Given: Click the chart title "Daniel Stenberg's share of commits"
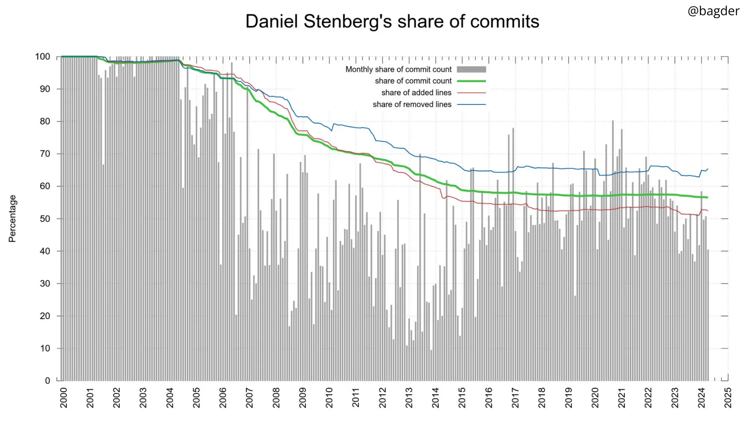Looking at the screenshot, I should [392, 21].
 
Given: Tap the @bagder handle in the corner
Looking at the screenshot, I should [713, 11].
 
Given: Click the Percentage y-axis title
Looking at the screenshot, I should [12, 218].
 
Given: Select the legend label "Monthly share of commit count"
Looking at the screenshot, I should [398, 69].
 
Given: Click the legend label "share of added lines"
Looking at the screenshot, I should [416, 93].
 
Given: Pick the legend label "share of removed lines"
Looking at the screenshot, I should [412, 104].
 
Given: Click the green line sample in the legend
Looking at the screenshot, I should [471, 81].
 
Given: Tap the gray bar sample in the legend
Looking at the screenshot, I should [471, 69].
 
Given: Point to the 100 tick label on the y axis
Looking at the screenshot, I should [42, 57].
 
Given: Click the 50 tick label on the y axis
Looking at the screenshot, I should [45, 219].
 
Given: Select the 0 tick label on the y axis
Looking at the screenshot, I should [47, 381].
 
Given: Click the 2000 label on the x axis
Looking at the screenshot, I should [64, 397].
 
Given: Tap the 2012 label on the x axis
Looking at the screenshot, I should [382, 397].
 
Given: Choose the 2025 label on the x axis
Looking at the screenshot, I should [728, 397].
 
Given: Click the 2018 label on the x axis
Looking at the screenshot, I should [542, 397].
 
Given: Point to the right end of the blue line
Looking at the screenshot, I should [708, 169].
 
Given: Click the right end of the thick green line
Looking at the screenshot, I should [708, 197].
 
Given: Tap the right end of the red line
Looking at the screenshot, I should [708, 211].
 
